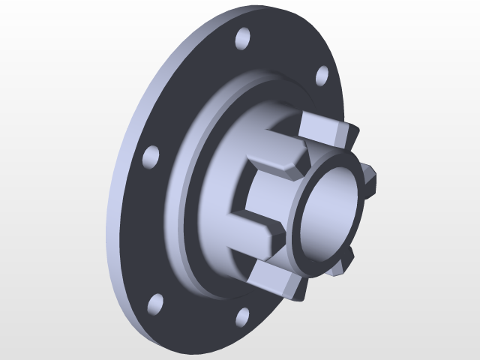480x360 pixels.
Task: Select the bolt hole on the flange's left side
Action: pyautogui.click(x=150, y=156)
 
